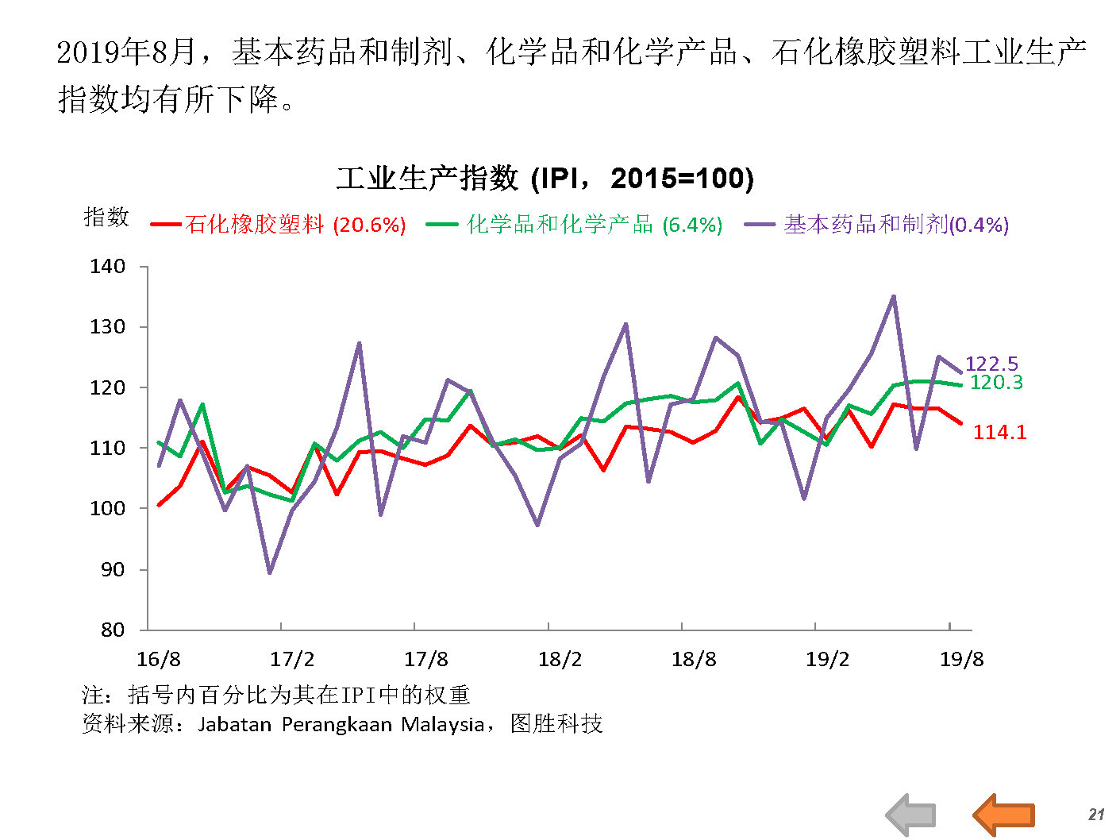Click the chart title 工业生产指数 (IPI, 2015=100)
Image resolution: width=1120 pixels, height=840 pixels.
[545, 177]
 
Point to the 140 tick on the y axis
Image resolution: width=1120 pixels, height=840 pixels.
[108, 267]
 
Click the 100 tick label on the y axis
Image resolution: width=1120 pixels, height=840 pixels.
[108, 509]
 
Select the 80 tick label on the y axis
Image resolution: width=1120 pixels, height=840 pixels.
[113, 630]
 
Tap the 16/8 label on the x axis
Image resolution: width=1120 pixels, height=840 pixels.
[159, 659]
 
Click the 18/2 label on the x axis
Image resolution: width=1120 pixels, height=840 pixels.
[560, 659]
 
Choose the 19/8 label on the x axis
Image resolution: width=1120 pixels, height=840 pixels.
[961, 659]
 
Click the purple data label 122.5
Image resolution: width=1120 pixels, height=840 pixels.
[991, 364]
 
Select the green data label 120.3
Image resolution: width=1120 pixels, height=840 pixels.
[996, 382]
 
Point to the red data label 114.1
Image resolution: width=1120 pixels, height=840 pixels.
[999, 432]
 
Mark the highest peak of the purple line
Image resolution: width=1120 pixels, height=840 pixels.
[893, 297]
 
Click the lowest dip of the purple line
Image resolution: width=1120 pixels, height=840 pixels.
[270, 572]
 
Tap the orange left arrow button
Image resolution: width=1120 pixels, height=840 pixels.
[1004, 815]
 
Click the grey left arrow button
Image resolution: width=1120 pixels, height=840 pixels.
[911, 815]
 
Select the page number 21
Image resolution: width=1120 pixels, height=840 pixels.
[1096, 815]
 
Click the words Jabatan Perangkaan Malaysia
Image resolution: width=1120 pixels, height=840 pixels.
[341, 724]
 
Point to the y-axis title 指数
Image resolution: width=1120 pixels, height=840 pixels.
[106, 217]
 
